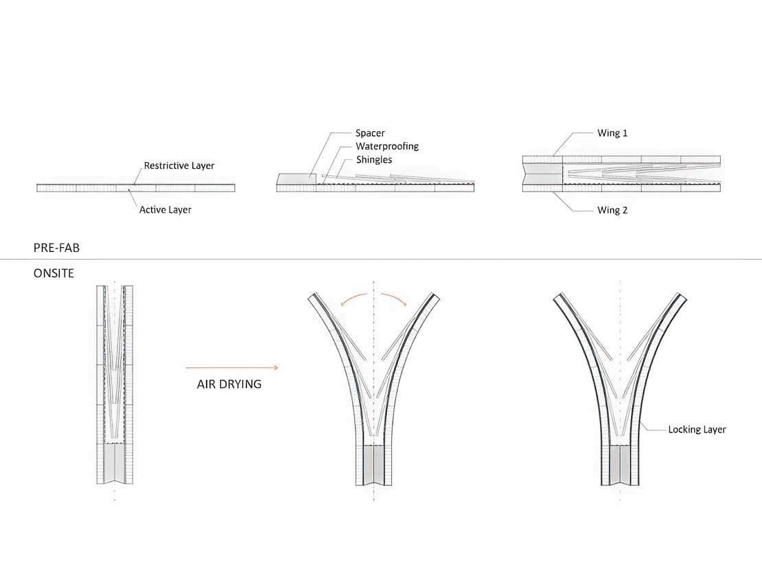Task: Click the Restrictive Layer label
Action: tap(178, 165)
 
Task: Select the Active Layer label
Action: tap(165, 209)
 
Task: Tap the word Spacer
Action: tap(370, 133)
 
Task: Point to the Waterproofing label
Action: tap(386, 146)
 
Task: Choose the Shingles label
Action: tap(374, 160)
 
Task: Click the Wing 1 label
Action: tap(612, 133)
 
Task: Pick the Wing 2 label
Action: tap(612, 210)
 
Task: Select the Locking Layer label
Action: tap(697, 429)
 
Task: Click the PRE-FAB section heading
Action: tap(56, 247)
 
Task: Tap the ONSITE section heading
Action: tap(54, 273)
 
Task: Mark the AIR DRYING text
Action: tap(229, 385)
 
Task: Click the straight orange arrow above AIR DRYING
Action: tap(231, 368)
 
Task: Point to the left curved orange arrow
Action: tap(353, 297)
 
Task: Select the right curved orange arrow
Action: tap(395, 297)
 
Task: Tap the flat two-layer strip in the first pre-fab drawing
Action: tap(135, 187)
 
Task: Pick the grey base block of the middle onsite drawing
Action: tap(373, 464)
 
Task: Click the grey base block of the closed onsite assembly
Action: tap(115, 464)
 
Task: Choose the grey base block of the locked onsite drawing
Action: tap(620, 464)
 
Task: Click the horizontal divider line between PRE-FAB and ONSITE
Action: tap(381, 259)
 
